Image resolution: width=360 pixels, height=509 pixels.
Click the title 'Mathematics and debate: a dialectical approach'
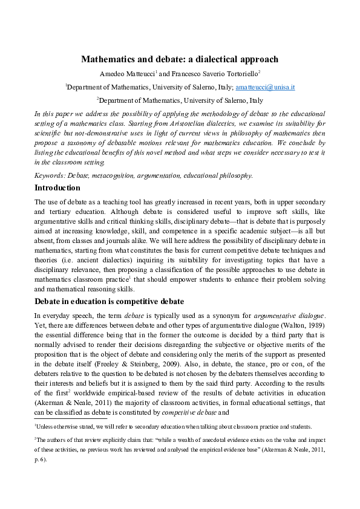180,59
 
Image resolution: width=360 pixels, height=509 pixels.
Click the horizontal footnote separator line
70,418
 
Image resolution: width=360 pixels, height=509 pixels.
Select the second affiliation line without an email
180,100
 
